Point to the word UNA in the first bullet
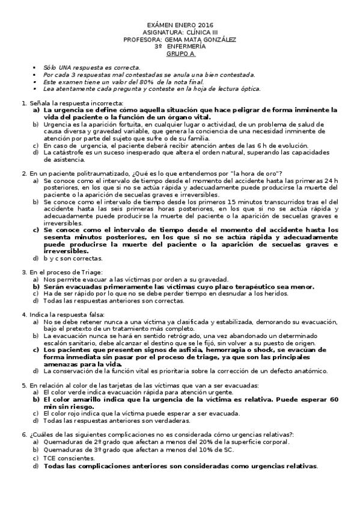tap(66, 67)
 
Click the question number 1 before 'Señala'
tap(23, 103)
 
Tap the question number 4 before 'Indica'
tap(23, 315)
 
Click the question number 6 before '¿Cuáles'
tap(23, 434)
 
